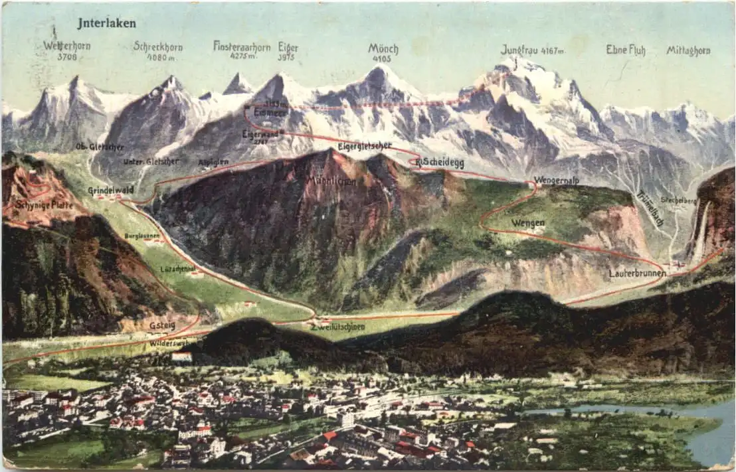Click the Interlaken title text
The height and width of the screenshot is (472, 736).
pos(106,23)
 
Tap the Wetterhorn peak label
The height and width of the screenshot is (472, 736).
pos(66,46)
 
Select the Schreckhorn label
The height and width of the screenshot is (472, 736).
pos(158,46)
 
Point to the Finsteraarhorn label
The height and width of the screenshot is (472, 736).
pos(242,46)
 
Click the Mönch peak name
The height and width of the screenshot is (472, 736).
pos(383,48)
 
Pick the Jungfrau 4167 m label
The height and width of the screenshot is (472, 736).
pos(532,50)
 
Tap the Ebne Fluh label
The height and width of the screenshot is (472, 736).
pos(625,50)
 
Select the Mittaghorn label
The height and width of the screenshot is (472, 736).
pos(688,50)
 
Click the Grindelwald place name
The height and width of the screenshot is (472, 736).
pos(111,191)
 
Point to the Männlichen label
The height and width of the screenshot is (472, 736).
pos(331,181)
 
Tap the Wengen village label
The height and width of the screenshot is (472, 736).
pos(528,223)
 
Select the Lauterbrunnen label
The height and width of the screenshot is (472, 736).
pos(636,273)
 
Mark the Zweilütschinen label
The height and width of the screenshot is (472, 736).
pos(338,327)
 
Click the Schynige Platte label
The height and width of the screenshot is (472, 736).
pos(44,204)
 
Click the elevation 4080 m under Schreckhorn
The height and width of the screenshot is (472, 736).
pos(160,57)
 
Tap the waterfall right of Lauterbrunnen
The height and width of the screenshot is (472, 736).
pos(701,232)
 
